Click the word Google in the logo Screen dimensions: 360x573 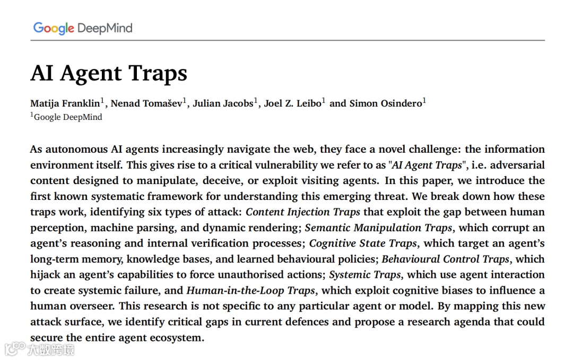53,28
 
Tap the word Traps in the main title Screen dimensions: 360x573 158,73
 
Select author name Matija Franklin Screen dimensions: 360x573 65,103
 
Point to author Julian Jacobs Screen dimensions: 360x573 223,103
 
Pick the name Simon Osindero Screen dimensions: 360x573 385,103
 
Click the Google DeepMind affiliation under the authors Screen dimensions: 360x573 67,117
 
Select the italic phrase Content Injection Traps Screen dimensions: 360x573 303,212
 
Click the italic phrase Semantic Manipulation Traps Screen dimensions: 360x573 379,228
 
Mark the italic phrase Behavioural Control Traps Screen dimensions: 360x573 446,259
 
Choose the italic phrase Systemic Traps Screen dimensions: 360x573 365,275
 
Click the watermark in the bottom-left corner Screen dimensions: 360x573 39,349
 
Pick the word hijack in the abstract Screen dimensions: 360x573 46,275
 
